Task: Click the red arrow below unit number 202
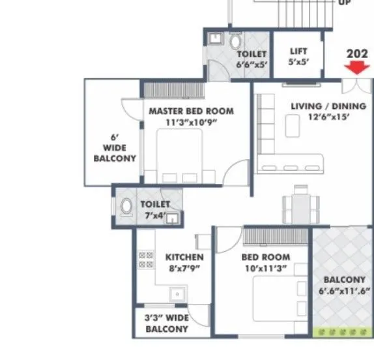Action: [x=356, y=68]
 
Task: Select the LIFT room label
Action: [x=298, y=51]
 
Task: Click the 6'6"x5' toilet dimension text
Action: [x=251, y=65]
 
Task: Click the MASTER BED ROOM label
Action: [x=191, y=111]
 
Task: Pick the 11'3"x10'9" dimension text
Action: [x=192, y=121]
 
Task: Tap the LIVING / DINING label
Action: [x=328, y=106]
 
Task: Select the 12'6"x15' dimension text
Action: [x=329, y=117]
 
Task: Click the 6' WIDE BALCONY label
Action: [x=115, y=148]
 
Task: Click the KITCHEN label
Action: [x=184, y=257]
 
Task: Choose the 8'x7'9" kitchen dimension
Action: [x=184, y=268]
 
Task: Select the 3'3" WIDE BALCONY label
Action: [x=167, y=323]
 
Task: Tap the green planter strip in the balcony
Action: [x=343, y=332]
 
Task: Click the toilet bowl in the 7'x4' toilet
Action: [x=126, y=206]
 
